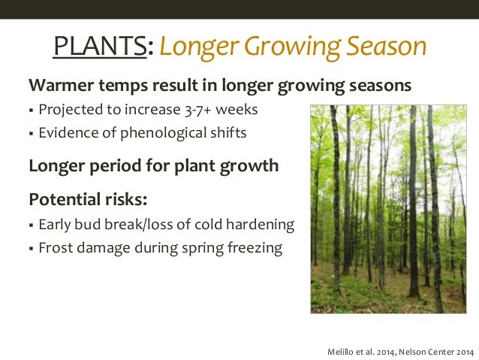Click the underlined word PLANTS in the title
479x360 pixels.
click(x=100, y=46)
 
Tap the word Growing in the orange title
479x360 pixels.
click(x=292, y=47)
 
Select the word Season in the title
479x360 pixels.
click(x=387, y=46)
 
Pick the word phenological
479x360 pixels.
click(x=163, y=133)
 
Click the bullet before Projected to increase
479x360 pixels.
click(x=31, y=110)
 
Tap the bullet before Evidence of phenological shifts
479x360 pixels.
click(x=31, y=133)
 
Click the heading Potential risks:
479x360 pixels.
click(x=88, y=199)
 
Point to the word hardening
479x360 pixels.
click(x=260, y=225)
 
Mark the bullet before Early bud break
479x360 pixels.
click(x=31, y=225)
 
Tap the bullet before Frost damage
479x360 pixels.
click(x=31, y=248)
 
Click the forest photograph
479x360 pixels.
click(x=389, y=209)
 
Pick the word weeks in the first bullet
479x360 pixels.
click(x=236, y=110)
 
